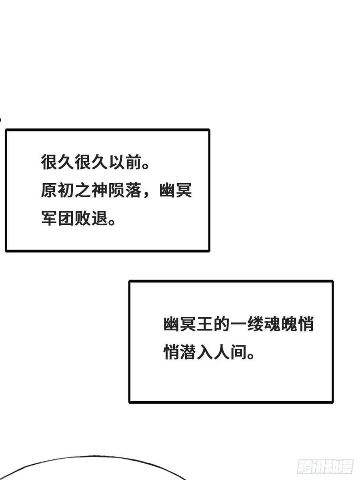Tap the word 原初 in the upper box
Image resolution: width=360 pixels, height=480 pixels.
click(57, 190)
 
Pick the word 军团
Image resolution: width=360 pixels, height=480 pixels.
click(57, 218)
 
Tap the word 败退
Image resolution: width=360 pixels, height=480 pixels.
click(91, 218)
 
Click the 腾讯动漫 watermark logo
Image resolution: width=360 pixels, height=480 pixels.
click(325, 461)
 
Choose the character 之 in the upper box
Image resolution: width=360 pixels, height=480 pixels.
click(83, 190)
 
